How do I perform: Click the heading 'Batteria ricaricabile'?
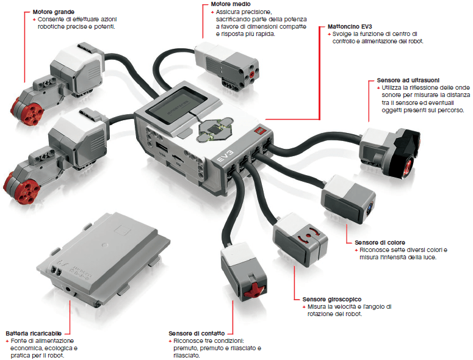click(x=34, y=333)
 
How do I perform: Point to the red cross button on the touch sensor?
click(x=252, y=287)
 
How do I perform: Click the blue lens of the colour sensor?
click(x=370, y=207)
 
